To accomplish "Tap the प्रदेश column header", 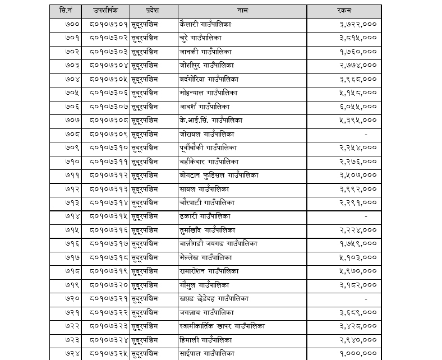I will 153,11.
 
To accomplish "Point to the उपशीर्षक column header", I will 108,11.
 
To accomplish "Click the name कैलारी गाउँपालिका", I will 205,25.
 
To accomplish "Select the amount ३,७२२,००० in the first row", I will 358,25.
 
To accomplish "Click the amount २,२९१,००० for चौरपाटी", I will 358,202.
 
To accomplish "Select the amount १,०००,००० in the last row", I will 358,353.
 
